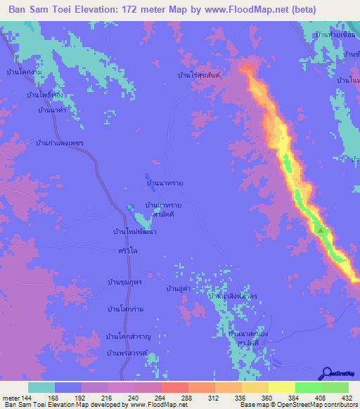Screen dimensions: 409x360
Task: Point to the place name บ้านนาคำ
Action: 52,110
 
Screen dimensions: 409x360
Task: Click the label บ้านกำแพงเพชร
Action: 60,143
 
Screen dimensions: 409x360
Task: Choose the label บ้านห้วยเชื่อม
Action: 334,34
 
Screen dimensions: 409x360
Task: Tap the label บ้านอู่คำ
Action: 179,289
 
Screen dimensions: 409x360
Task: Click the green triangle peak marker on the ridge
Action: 321,230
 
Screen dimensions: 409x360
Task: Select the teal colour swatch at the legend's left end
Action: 41,387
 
